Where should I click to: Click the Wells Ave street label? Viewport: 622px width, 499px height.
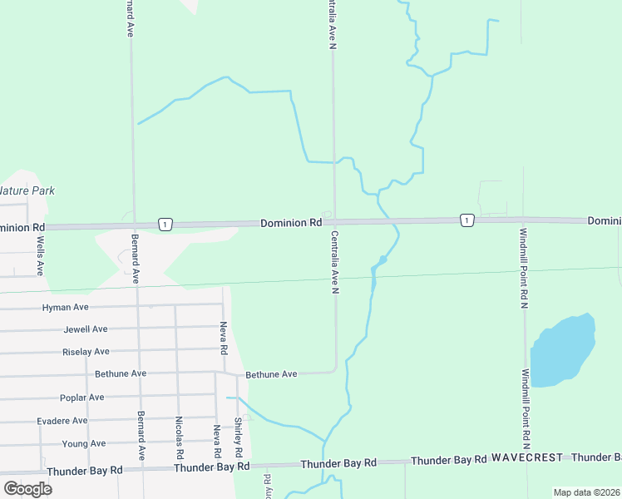[40, 256]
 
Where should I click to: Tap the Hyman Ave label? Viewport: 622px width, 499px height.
[65, 308]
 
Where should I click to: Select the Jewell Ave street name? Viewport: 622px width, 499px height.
[86, 329]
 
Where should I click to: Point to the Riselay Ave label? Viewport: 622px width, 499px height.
[86, 352]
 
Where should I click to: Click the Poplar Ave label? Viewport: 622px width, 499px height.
[82, 398]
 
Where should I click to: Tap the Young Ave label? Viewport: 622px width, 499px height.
[84, 444]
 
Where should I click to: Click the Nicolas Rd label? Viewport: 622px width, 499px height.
[179, 438]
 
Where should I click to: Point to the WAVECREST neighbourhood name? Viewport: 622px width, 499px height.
[527, 457]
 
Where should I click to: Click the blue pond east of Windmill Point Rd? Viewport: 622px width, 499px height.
[564, 350]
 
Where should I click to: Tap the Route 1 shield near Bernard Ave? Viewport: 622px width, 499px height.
[166, 224]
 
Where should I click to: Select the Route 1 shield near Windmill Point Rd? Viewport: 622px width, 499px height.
[467, 220]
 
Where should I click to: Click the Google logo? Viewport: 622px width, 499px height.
[28, 488]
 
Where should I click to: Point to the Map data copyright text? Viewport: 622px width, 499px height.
[586, 492]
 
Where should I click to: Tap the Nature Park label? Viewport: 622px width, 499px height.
[27, 190]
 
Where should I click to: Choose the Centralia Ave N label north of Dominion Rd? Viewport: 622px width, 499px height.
[332, 25]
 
